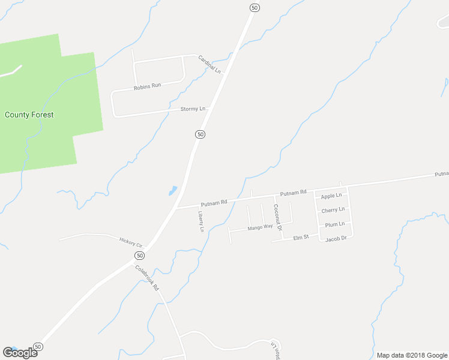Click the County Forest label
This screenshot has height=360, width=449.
(x=29, y=115)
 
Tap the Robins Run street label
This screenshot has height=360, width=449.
(x=148, y=86)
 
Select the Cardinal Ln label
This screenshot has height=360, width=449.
(x=210, y=64)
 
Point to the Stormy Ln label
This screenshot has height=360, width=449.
(x=193, y=109)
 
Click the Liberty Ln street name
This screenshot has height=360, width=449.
(x=201, y=221)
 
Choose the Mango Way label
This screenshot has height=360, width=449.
(x=260, y=227)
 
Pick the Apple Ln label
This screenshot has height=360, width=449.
(x=331, y=196)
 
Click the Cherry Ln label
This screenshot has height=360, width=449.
(x=333, y=210)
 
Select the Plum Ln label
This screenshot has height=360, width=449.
(x=334, y=224)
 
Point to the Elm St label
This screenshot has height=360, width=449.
(x=301, y=237)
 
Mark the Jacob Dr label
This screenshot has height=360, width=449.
(x=336, y=239)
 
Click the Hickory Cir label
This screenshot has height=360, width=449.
(x=131, y=242)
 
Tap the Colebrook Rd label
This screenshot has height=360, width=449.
(x=146, y=278)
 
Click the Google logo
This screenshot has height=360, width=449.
(x=20, y=353)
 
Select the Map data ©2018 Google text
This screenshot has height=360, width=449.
(x=412, y=355)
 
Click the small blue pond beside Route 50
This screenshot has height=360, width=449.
(x=173, y=191)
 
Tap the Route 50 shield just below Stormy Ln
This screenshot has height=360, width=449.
(x=200, y=134)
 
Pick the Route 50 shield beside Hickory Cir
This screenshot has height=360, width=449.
(x=139, y=255)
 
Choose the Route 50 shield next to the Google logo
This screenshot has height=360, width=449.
(x=38, y=347)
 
